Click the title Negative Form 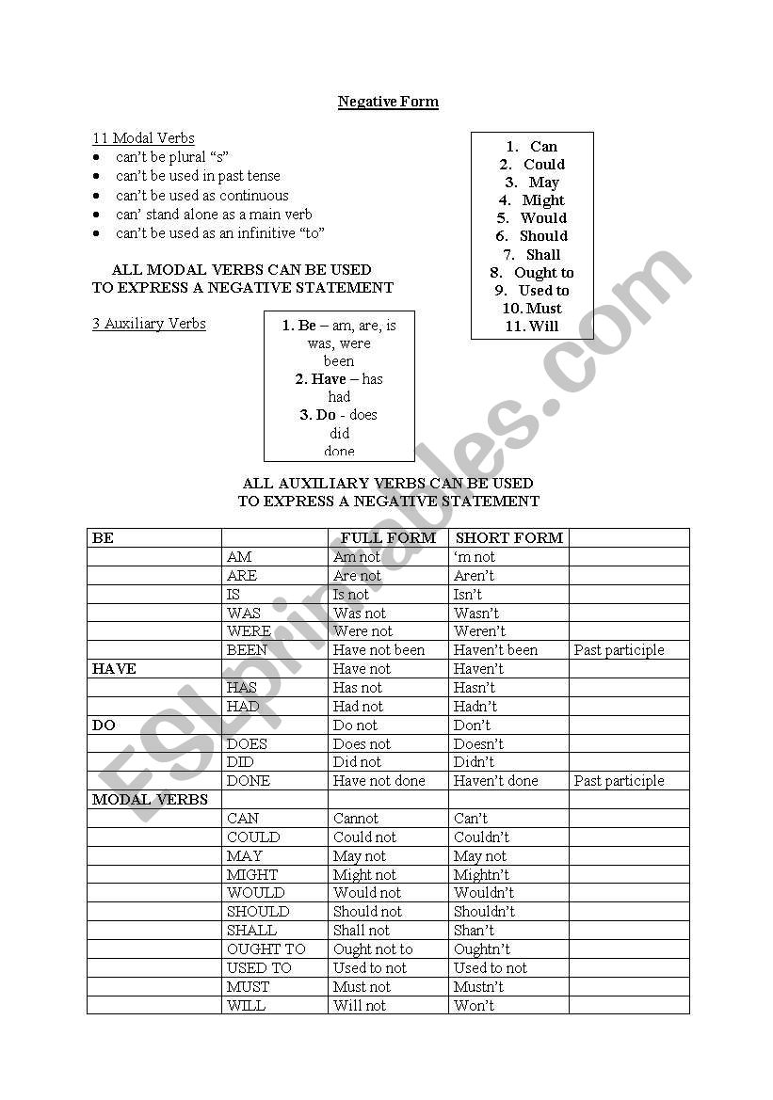point(388,102)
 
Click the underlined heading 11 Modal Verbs point(143,138)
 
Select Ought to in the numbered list point(542,273)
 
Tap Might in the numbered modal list point(542,200)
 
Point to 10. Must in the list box point(532,309)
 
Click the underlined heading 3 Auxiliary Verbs point(149,324)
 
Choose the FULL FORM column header point(388,538)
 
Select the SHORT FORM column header point(508,538)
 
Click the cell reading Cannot point(356,819)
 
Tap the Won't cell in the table point(474,1006)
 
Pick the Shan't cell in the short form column point(474,931)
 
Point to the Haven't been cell point(495,650)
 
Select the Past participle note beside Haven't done point(619,781)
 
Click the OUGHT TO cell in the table point(266,949)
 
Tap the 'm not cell point(474,557)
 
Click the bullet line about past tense point(198,176)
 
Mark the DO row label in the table point(104,725)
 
